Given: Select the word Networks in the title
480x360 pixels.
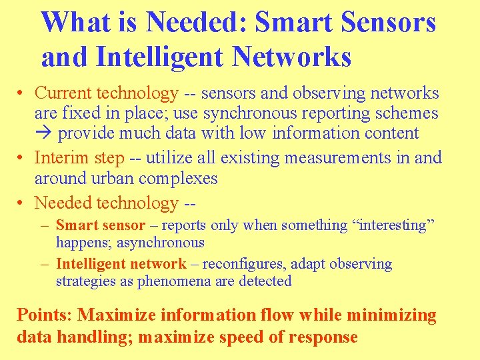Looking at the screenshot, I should (x=291, y=57).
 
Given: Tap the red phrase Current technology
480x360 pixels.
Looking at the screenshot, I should (x=106, y=93).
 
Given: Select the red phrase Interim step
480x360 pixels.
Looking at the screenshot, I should (x=79, y=158).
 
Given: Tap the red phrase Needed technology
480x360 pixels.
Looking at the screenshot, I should (x=106, y=203).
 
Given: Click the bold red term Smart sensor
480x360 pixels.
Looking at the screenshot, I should (x=101, y=225).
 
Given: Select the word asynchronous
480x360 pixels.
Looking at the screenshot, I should (x=162, y=243).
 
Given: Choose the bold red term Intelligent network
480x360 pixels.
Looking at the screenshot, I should (x=121, y=264).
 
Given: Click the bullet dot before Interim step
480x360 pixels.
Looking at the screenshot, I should (x=23, y=159).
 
